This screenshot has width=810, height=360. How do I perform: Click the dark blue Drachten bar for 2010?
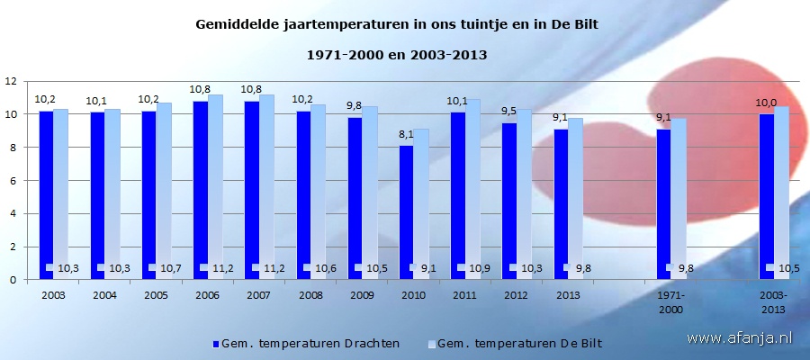(x=406, y=212)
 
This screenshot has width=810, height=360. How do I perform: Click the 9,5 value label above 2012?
(x=508, y=112)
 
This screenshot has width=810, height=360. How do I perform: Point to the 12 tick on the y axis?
(x=12, y=81)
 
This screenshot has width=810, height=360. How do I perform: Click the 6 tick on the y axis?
(x=13, y=180)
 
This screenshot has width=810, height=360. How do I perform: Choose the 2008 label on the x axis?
(x=310, y=295)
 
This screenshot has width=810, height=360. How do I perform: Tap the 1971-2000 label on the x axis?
(x=670, y=301)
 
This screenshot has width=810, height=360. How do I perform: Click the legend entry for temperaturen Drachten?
(x=306, y=343)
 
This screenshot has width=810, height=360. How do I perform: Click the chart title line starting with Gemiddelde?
(x=397, y=24)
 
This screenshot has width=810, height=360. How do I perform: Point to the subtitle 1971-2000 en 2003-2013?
(x=397, y=55)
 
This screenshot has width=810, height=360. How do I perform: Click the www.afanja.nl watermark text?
(x=739, y=337)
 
